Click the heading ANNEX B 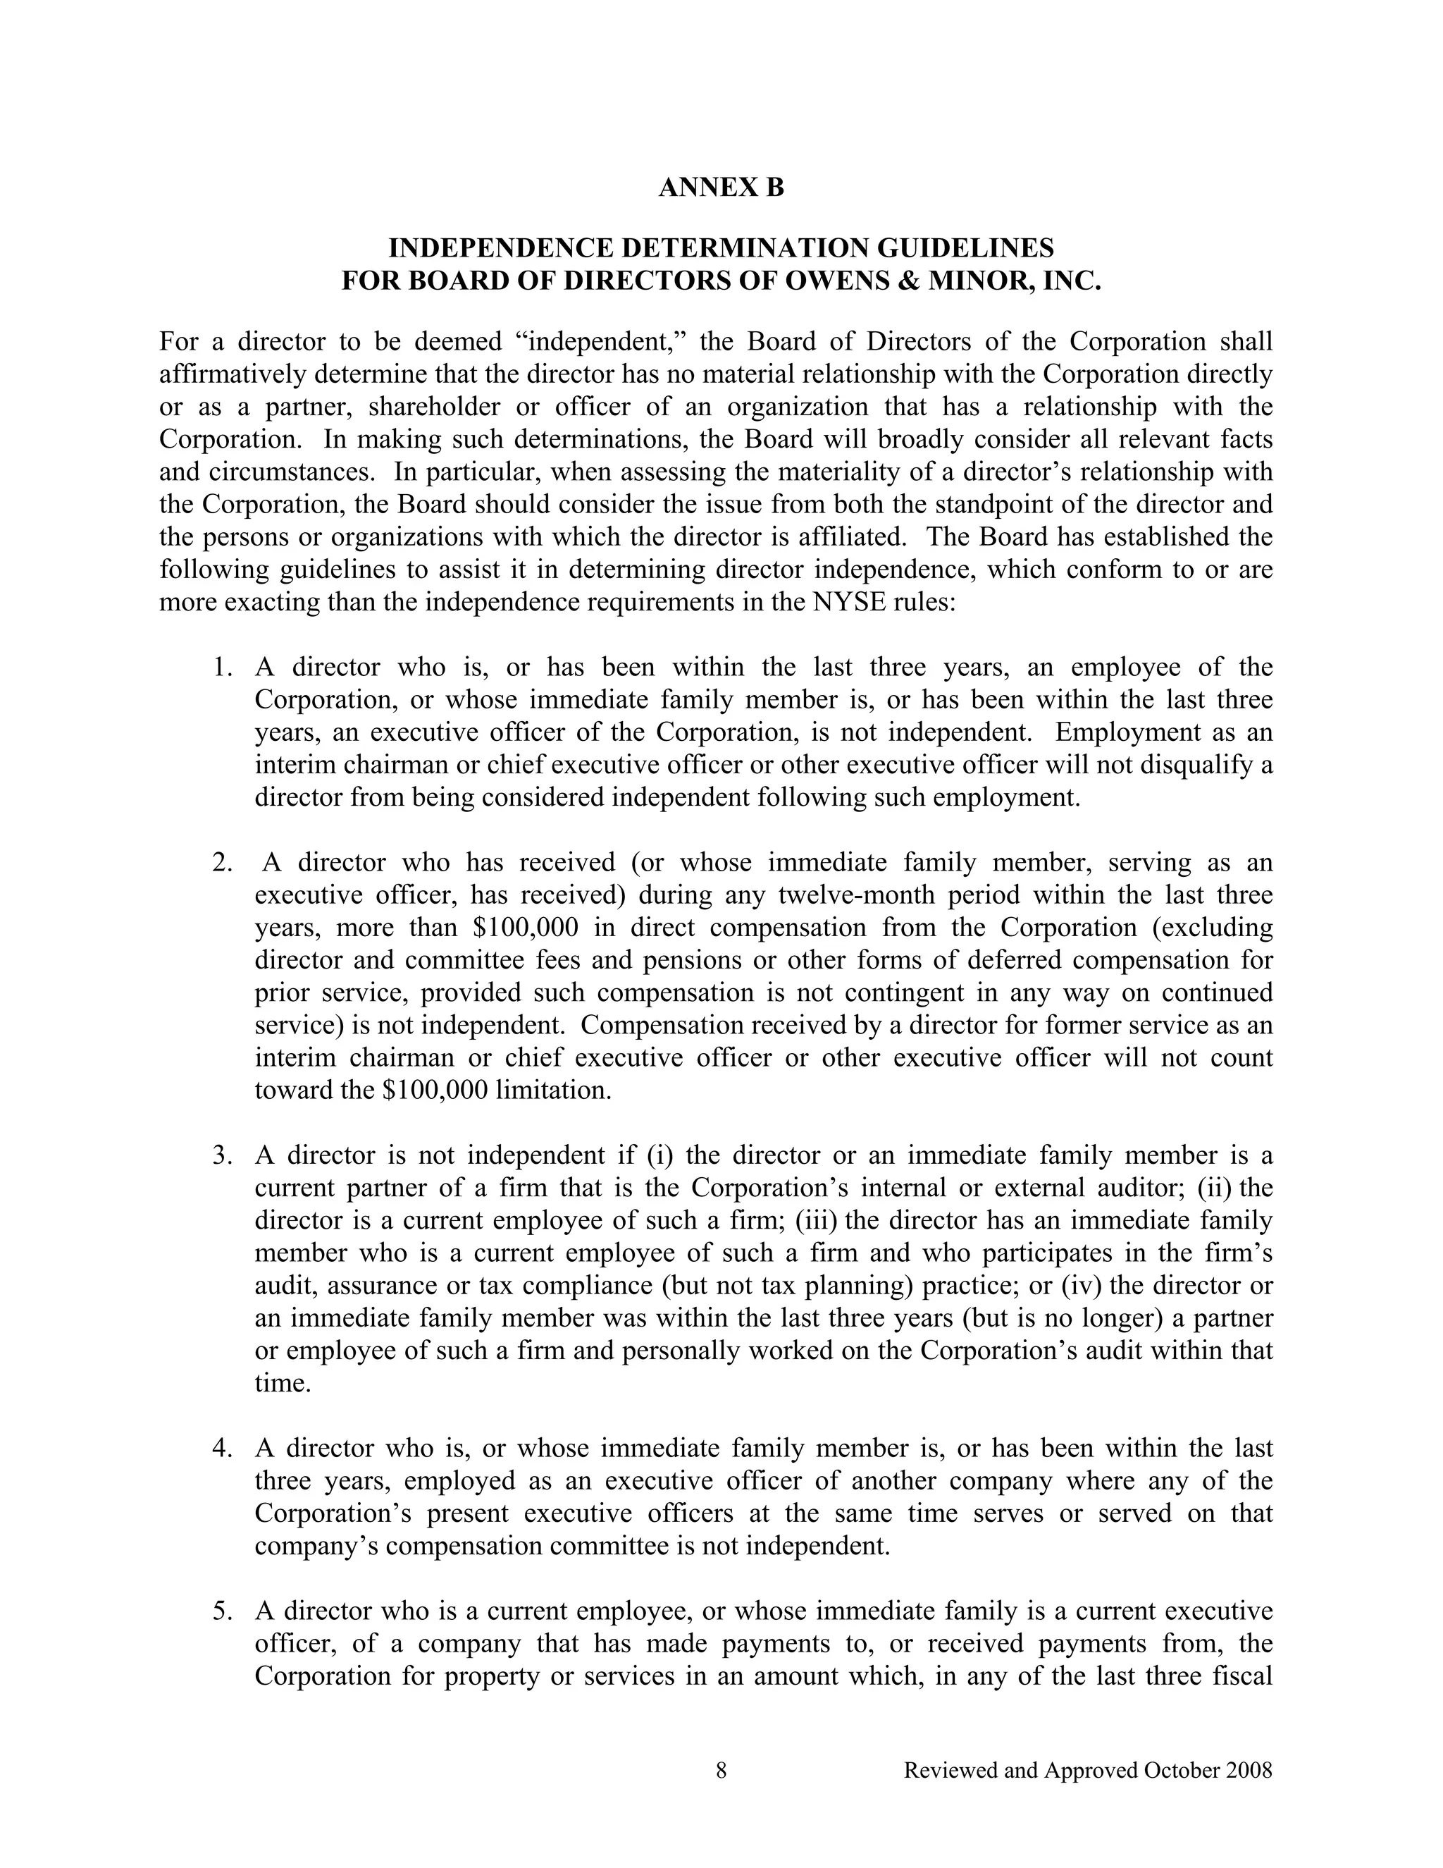coord(721,188)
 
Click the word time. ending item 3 coord(282,1383)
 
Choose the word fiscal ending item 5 coord(1243,1676)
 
